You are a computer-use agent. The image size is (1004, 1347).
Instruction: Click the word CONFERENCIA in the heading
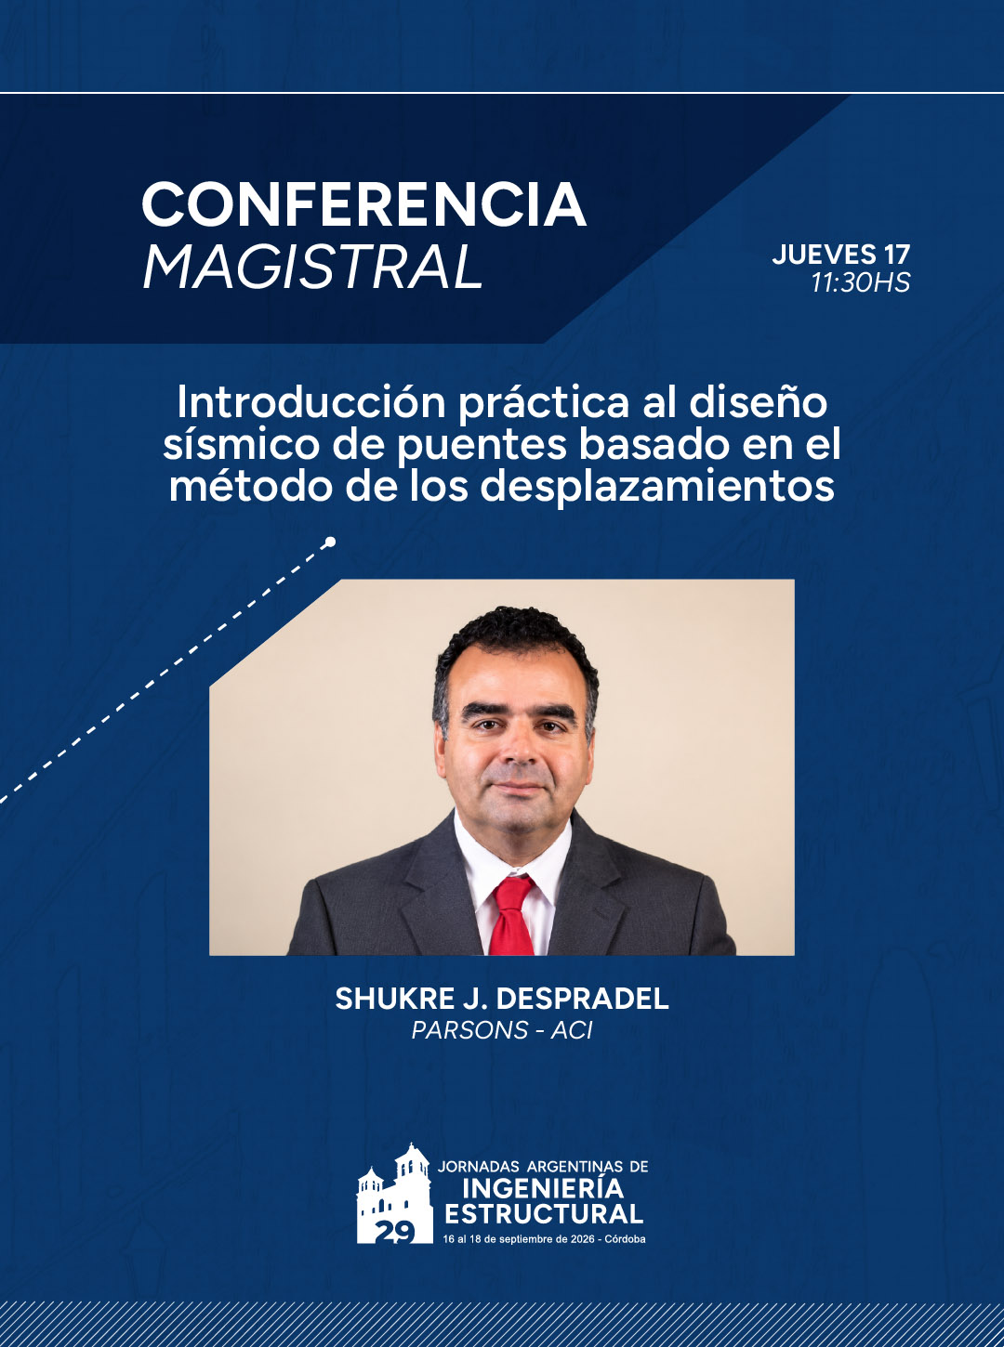tap(363, 204)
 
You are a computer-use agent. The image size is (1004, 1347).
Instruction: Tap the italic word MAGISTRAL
tap(312, 268)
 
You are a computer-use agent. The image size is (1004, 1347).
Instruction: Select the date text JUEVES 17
tap(840, 255)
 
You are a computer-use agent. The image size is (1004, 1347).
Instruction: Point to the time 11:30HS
tap(861, 283)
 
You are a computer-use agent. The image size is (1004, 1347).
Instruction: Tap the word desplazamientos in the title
tap(657, 487)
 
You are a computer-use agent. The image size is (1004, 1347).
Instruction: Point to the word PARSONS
tap(461, 1030)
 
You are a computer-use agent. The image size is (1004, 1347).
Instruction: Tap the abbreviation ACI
tap(572, 1030)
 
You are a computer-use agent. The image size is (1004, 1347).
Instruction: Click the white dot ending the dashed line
tap(331, 541)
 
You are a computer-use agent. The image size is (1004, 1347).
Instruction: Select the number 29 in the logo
tap(395, 1232)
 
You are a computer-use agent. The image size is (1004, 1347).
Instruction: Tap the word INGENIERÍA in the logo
tap(543, 1188)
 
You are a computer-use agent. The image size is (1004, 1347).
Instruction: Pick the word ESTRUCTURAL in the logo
tap(544, 1214)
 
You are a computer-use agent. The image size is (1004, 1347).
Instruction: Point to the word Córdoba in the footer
tap(625, 1239)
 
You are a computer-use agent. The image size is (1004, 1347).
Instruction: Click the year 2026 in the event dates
tap(583, 1239)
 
